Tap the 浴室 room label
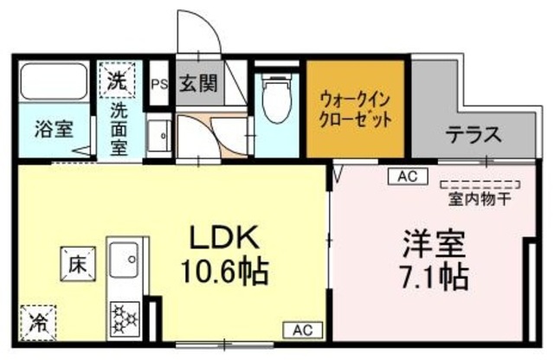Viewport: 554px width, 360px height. (x=54, y=131)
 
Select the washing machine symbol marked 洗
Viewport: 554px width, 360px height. (x=117, y=82)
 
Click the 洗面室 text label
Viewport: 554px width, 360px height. (x=119, y=128)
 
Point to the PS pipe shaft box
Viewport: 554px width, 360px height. (x=158, y=85)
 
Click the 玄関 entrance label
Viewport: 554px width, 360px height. (x=198, y=85)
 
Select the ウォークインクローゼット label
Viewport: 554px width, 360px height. (x=355, y=107)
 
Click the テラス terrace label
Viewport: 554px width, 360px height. (x=473, y=134)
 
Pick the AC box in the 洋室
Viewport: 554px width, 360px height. (x=408, y=176)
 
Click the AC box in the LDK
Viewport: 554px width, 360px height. (x=302, y=329)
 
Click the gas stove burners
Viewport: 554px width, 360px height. (x=126, y=319)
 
